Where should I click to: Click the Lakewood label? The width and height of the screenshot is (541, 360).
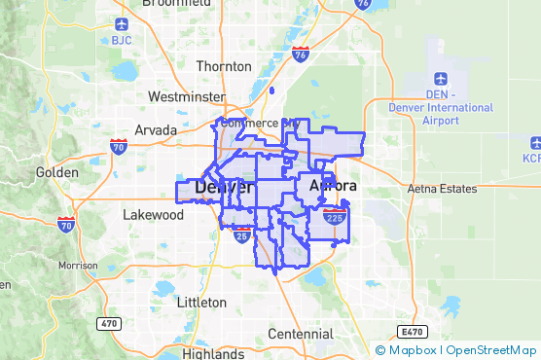pyautogui.click(x=153, y=214)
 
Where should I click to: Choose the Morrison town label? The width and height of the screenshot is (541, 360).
pyautogui.click(x=78, y=265)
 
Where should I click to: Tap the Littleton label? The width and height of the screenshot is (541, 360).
pyautogui.click(x=201, y=303)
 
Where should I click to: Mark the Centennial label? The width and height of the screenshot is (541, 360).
pyautogui.click(x=300, y=334)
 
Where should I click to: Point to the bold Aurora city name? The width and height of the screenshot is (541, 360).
pyautogui.click(x=332, y=185)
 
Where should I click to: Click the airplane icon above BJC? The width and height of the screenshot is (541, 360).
pyautogui.click(x=121, y=23)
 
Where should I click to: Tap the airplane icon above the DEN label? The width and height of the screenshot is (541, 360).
pyautogui.click(x=441, y=78)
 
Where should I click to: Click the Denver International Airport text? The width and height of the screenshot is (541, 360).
pyautogui.click(x=427, y=114)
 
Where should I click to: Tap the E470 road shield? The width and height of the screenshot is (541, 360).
pyautogui.click(x=413, y=332)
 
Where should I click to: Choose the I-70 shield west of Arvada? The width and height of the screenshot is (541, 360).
pyautogui.click(x=118, y=148)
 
